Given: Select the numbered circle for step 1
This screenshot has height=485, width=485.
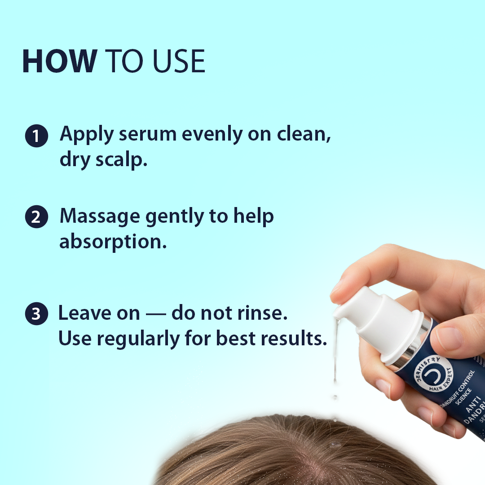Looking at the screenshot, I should [36, 136].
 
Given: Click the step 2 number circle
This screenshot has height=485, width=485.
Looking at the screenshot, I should [36, 217].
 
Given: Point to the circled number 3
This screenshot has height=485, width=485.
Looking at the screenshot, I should [36, 314].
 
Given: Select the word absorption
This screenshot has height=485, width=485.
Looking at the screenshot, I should [112, 242].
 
